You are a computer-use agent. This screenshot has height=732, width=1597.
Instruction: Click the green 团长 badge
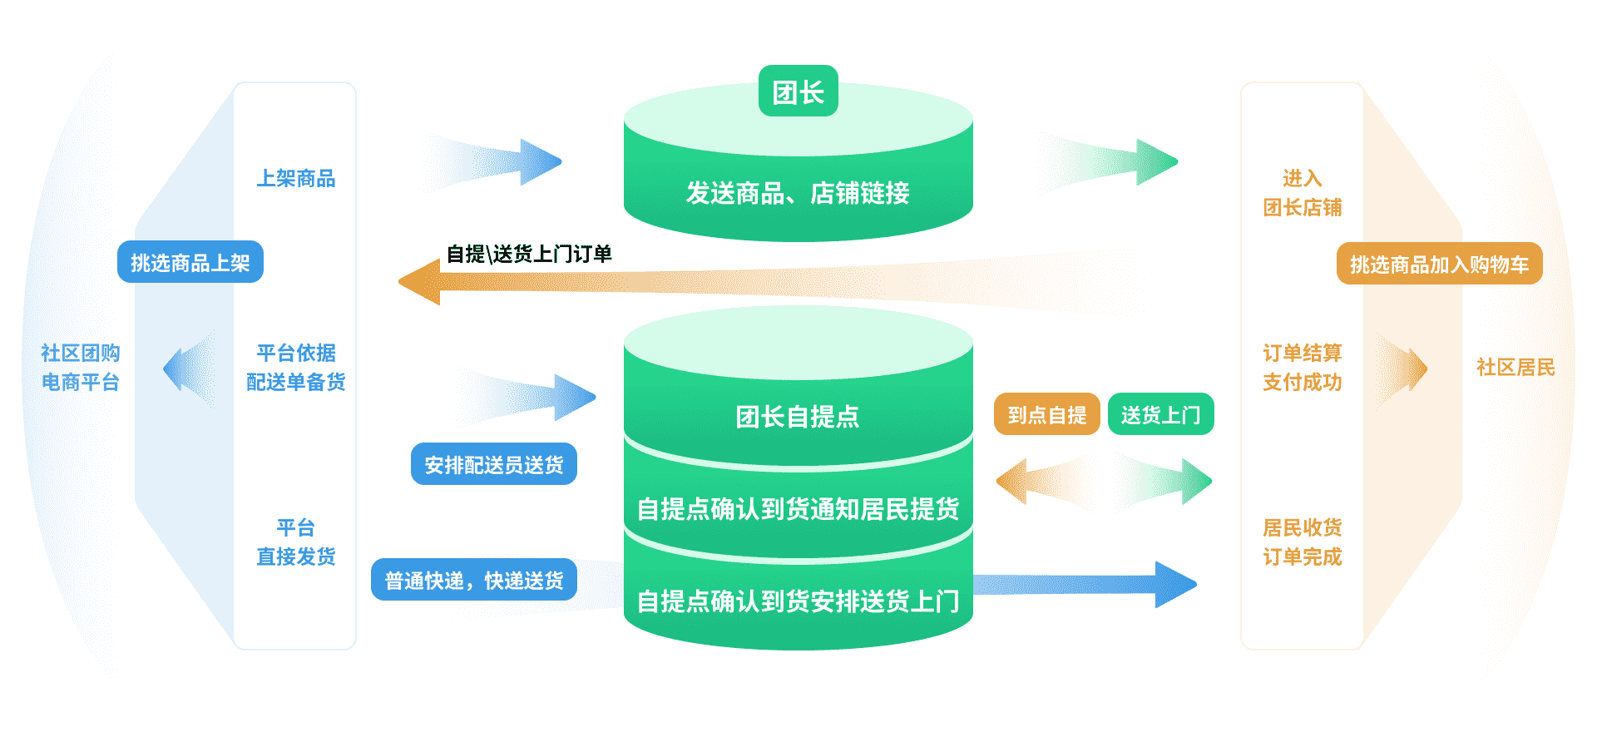pyautogui.click(x=798, y=91)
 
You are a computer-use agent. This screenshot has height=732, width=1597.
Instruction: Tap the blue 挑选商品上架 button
pyautogui.click(x=190, y=263)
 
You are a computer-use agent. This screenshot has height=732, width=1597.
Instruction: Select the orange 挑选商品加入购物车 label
pyautogui.click(x=1439, y=265)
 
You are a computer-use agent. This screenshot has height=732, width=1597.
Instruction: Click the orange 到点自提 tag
pyautogui.click(x=1046, y=414)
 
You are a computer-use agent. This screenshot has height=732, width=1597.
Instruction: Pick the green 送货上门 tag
pyautogui.click(x=1160, y=414)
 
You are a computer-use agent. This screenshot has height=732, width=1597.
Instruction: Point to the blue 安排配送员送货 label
pyautogui.click(x=493, y=464)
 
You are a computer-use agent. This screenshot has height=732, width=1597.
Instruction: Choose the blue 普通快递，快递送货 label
pyautogui.click(x=474, y=580)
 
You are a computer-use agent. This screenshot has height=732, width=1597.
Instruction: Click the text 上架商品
pyautogui.click(x=295, y=178)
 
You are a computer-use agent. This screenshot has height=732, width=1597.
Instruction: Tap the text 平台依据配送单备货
pyautogui.click(x=295, y=367)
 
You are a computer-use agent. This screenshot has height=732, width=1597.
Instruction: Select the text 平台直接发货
pyautogui.click(x=295, y=542)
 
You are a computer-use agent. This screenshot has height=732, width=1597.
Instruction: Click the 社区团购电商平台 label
pyautogui.click(x=81, y=367)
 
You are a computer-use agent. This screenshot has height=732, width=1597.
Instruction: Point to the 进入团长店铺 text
pyautogui.click(x=1302, y=192)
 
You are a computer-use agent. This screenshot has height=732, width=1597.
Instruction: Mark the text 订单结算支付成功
pyautogui.click(x=1302, y=367)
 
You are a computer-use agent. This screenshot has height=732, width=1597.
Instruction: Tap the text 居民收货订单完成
pyautogui.click(x=1302, y=542)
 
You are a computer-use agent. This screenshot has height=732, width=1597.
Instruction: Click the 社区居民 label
pyautogui.click(x=1515, y=367)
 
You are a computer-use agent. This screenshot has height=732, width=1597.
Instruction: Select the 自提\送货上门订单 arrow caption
pyautogui.click(x=529, y=254)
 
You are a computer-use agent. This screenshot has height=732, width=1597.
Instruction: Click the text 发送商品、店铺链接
pyautogui.click(x=798, y=193)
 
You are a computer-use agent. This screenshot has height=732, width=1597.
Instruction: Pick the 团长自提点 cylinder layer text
pyautogui.click(x=798, y=416)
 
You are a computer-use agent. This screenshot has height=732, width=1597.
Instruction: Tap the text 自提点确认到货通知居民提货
pyautogui.click(x=798, y=508)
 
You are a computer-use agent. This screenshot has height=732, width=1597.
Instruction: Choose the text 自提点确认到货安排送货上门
pyautogui.click(x=798, y=601)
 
